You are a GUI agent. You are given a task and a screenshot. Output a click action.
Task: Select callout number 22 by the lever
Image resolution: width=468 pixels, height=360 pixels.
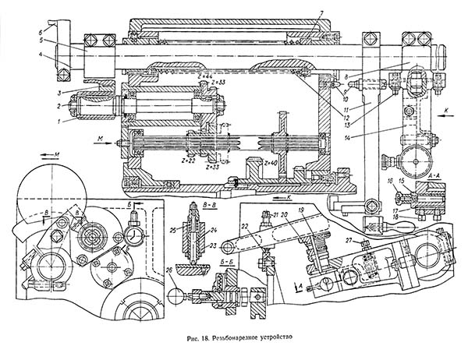(x=244, y=226)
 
